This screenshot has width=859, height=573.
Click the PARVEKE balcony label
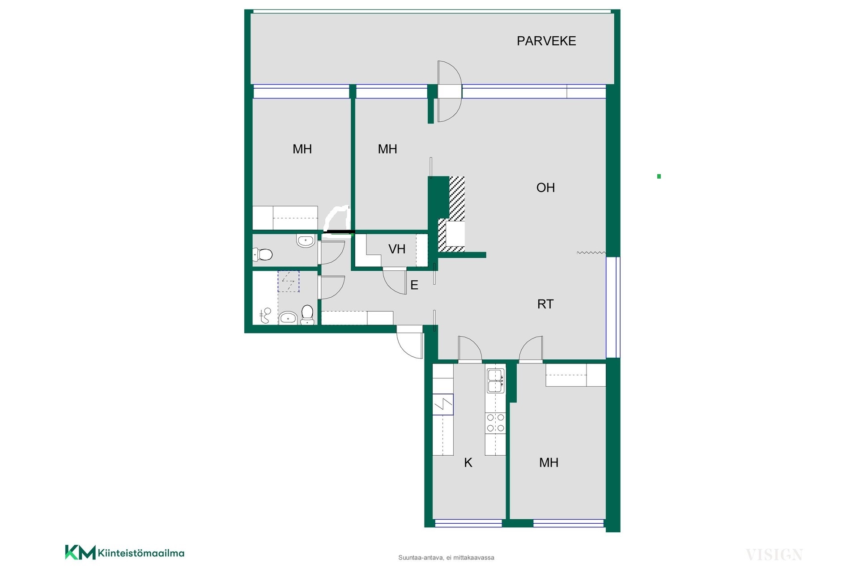click(x=546, y=41)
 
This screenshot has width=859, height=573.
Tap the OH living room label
click(x=545, y=188)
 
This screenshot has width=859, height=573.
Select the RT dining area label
click(x=545, y=304)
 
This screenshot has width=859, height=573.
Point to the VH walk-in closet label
click(x=397, y=249)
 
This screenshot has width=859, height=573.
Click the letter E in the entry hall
click(x=414, y=285)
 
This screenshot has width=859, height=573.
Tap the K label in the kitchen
click(x=468, y=463)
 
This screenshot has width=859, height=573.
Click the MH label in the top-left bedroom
click(x=302, y=149)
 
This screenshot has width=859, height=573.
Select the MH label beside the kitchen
click(x=549, y=463)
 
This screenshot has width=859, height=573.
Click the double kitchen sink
click(x=496, y=381)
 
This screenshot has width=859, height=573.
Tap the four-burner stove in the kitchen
click(x=496, y=423)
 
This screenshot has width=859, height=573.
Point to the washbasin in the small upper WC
click(x=306, y=241)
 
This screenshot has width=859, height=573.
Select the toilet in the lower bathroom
click(x=307, y=315)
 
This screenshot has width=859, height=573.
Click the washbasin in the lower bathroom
click(x=288, y=318)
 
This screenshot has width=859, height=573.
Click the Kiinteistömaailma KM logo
click(x=125, y=552)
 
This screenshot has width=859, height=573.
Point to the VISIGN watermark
click(x=774, y=555)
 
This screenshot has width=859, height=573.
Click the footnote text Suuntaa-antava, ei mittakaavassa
click(x=446, y=558)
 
